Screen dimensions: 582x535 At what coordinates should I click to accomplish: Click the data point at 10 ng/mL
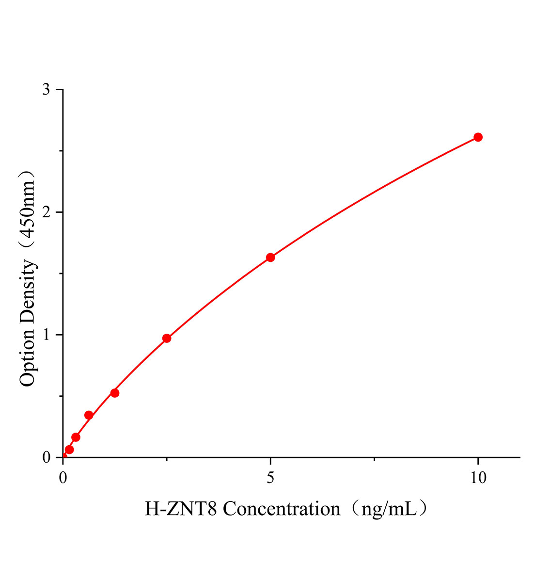coord(478,137)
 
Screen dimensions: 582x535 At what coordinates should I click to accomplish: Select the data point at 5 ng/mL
coord(270,258)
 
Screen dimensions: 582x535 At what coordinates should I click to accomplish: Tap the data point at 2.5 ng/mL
coord(167,338)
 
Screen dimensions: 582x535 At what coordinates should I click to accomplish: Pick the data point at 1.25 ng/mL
coord(115,393)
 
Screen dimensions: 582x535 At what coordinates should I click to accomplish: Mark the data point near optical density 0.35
coord(89,415)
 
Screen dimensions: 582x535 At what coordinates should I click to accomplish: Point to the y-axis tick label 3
coord(46,90)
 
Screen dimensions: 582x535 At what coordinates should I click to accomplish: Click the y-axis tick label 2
coord(46,212)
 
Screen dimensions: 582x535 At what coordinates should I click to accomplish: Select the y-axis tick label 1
coord(46,335)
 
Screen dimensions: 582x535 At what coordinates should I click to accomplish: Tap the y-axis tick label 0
coord(46,457)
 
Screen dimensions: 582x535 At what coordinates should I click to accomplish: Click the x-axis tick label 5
coord(270,478)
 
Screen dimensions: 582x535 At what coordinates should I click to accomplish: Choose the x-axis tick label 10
coord(478,478)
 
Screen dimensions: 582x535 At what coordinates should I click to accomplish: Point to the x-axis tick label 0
coord(63,478)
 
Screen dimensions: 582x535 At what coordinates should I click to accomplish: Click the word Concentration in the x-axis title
coord(282,509)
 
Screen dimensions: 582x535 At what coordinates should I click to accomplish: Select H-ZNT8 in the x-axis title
coord(181,509)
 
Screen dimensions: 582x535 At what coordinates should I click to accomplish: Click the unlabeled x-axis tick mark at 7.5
coord(374,459)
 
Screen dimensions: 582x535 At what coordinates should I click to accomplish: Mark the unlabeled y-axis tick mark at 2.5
coord(61,151)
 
